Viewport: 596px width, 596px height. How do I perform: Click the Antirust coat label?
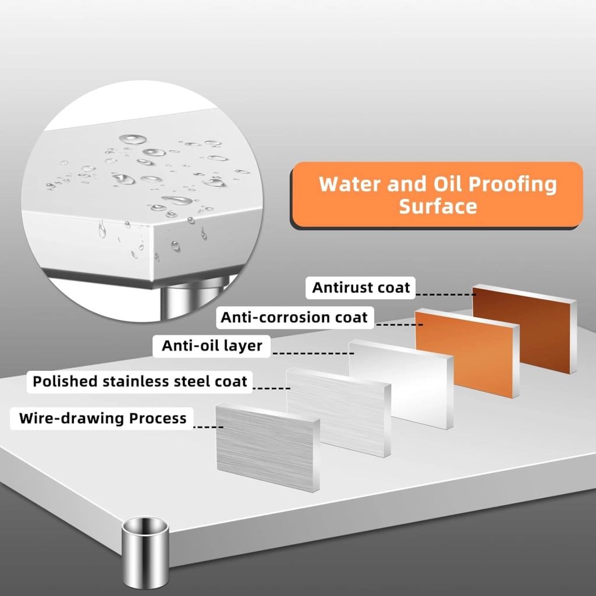pos(361,288)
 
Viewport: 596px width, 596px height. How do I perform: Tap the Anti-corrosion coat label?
pos(295,317)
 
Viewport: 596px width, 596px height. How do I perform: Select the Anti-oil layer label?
pos(212,346)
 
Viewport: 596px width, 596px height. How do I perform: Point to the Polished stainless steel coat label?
pos(140,382)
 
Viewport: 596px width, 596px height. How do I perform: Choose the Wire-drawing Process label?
pos(102,418)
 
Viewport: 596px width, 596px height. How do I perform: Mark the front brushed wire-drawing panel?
pos(268,448)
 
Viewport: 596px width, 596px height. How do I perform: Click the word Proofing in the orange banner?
pos(512,185)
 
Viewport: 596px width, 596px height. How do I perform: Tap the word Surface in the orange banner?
pos(438,207)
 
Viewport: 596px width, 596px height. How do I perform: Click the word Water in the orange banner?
pos(350,184)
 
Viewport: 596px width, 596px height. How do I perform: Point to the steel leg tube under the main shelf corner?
pos(145,551)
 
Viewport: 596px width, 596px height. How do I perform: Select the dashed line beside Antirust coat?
pos(446,295)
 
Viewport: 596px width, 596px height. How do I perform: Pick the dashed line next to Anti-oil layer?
pos(314,353)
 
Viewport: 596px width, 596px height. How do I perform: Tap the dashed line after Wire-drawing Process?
pos(208,427)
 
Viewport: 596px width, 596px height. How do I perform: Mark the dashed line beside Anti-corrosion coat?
pos(399,325)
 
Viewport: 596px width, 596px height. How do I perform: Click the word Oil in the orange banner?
pos(448,184)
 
